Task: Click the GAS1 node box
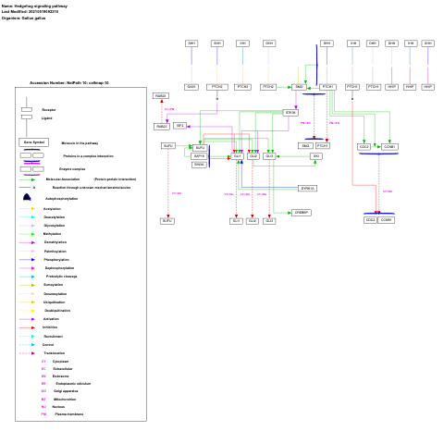pos(191,87)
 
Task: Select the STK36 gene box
pos(290,112)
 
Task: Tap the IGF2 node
pos(180,126)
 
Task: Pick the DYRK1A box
pos(307,188)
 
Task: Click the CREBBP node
pos(301,213)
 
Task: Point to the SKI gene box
pos(316,156)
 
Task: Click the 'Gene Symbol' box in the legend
pos(32,142)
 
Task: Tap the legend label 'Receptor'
pos(48,109)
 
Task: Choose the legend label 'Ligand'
pos(47,118)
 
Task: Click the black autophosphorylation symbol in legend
pos(27,198)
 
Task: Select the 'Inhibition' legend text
pos(51,327)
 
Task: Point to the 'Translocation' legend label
pos(55,353)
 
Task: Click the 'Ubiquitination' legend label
pos(55,302)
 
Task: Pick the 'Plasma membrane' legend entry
pos(68,414)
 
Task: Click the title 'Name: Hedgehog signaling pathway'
pos(33,6)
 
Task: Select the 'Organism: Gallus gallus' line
pos(25,18)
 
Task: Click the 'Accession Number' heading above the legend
pos(68,82)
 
